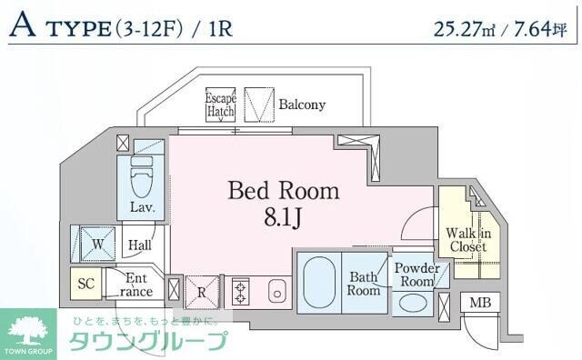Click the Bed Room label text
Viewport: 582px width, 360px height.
pyautogui.click(x=283, y=191)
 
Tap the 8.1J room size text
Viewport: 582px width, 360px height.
pyautogui.click(x=283, y=219)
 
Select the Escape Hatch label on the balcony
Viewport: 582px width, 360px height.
pyautogui.click(x=220, y=104)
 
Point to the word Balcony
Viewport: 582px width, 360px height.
pyautogui.click(x=302, y=105)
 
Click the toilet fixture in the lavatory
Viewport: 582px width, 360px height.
pyautogui.click(x=142, y=178)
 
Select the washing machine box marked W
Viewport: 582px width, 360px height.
pyautogui.click(x=95, y=243)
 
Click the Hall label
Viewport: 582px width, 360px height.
pyautogui.click(x=139, y=245)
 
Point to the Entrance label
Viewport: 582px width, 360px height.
pyautogui.click(x=135, y=284)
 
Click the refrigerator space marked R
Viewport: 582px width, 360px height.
pyautogui.click(x=202, y=293)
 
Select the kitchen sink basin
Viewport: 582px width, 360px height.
pyautogui.click(x=277, y=293)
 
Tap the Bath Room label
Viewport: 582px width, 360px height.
pyautogui.click(x=363, y=284)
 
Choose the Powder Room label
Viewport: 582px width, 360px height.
pyautogui.click(x=416, y=275)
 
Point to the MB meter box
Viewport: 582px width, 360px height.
pyautogui.click(x=478, y=303)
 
